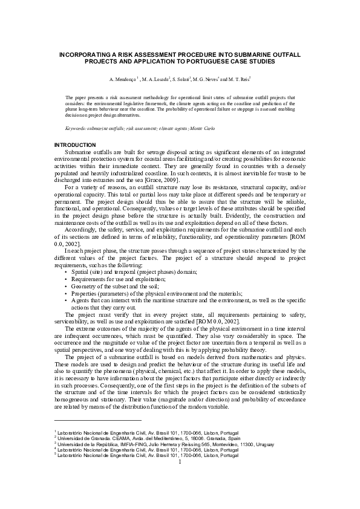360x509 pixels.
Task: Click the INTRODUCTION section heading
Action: [x=75, y=145]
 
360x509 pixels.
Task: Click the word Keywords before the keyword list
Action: [x=76, y=129]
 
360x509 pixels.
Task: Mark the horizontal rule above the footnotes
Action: [x=97, y=420]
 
